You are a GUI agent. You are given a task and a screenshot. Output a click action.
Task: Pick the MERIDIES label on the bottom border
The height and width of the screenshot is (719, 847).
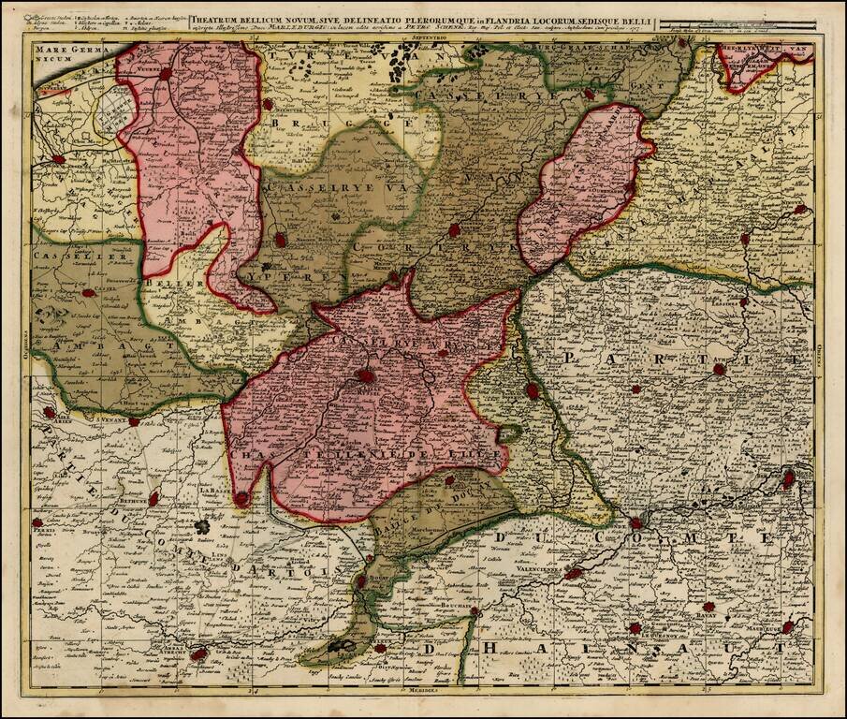click(x=423, y=694)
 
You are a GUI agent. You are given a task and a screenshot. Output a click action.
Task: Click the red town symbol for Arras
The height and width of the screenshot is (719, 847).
click(x=197, y=654)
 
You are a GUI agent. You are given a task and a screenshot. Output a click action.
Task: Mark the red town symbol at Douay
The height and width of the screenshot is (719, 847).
click(x=361, y=581)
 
